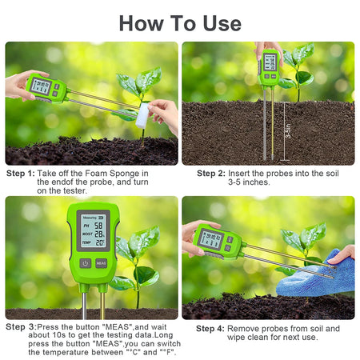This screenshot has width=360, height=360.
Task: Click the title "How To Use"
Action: coord(179,22)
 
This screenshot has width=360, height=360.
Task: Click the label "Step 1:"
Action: coord(21,173)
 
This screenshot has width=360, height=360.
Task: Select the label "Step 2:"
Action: coord(211,173)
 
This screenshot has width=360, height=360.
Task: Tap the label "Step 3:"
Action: coord(20,326)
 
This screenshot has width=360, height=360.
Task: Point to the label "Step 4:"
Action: coord(211,328)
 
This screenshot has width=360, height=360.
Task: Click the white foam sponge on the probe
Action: coord(142,116)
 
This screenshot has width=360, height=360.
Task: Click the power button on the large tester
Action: coord(86,262)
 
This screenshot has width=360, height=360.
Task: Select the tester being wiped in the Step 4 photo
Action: coord(214,240)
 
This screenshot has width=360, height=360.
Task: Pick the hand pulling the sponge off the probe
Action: coord(164,114)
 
